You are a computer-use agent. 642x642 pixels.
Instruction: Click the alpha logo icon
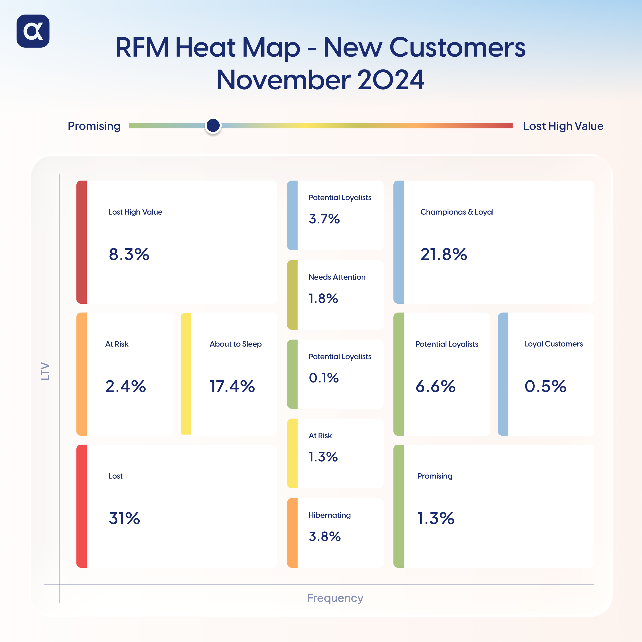33,31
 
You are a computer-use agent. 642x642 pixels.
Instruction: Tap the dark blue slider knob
213,126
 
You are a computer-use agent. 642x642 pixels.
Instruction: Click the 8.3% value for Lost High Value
129,255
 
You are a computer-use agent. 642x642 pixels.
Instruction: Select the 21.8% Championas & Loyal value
444,255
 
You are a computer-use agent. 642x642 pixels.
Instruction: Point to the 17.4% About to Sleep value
232,386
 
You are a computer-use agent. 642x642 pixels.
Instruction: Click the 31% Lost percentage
124,518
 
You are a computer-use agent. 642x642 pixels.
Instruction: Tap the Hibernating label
329,515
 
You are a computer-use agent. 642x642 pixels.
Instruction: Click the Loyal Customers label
553,344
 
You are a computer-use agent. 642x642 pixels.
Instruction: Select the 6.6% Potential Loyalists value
435,386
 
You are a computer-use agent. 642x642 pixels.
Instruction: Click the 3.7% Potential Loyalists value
324,219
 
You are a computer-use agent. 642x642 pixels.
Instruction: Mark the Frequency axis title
335,598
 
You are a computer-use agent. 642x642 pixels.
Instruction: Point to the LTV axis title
45,371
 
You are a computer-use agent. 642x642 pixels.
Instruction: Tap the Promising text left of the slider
94,126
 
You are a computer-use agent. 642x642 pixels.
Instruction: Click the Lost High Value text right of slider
563,126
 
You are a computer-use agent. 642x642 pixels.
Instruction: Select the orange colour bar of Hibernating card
292,533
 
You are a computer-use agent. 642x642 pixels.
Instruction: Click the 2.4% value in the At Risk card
125,386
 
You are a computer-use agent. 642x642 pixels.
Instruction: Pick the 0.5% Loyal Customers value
545,386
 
